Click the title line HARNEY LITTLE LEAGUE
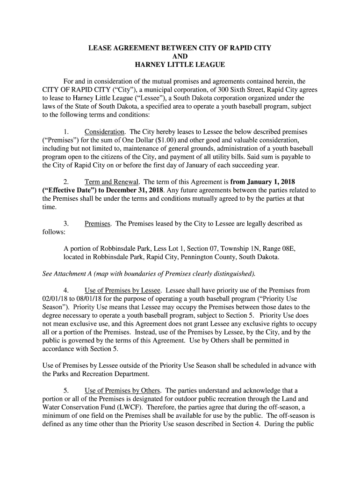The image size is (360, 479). (x=180, y=64)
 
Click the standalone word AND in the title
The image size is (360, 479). (x=180, y=56)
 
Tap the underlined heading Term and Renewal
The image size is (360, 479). (x=112, y=181)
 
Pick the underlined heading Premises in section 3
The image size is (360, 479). (x=97, y=224)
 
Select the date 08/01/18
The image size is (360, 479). (x=86, y=298)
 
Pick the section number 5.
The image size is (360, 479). (x=66, y=390)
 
